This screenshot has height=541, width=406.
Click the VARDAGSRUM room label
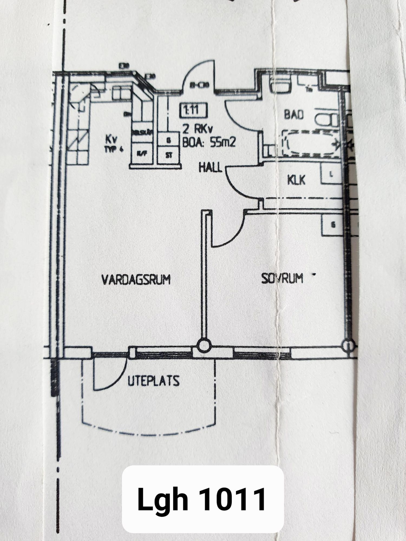[136, 279]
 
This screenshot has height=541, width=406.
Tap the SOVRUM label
[282, 278]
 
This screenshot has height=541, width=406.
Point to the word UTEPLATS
[153, 381]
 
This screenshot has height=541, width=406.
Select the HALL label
[210, 167]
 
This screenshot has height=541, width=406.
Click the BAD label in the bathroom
[294, 114]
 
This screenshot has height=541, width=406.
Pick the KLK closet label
[296, 180]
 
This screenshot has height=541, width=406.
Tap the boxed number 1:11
[193, 110]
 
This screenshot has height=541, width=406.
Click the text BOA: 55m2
[208, 142]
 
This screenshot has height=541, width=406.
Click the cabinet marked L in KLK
[331, 174]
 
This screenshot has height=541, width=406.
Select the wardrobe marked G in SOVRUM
[333, 225]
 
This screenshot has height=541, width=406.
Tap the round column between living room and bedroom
[204, 345]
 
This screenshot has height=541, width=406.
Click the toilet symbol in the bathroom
[328, 119]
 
